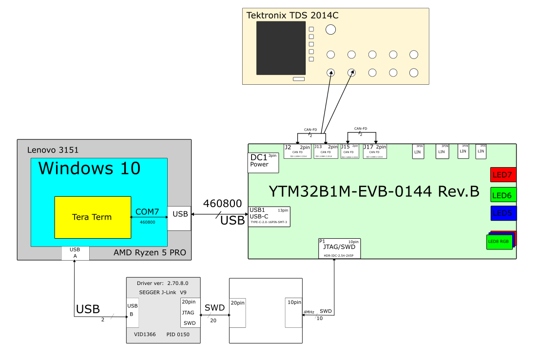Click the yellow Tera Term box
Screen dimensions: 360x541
(93, 217)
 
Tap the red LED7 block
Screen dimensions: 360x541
(503, 175)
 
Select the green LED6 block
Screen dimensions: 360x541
(503, 195)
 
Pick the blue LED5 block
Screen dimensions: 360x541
(503, 213)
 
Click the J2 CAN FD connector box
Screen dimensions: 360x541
(298, 151)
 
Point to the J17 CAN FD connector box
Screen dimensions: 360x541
(375, 151)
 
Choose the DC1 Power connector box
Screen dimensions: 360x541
(263, 163)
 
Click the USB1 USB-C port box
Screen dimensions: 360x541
(269, 216)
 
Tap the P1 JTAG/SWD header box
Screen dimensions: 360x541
(339, 248)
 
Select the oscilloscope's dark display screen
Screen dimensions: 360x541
(282, 48)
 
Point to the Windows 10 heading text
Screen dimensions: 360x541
(89, 168)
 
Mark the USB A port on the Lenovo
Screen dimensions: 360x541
(75, 253)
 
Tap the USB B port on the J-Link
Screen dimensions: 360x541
(133, 312)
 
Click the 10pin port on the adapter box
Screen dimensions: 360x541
(293, 312)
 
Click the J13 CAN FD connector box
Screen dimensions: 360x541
(326, 151)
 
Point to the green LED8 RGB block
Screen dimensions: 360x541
(500, 242)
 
